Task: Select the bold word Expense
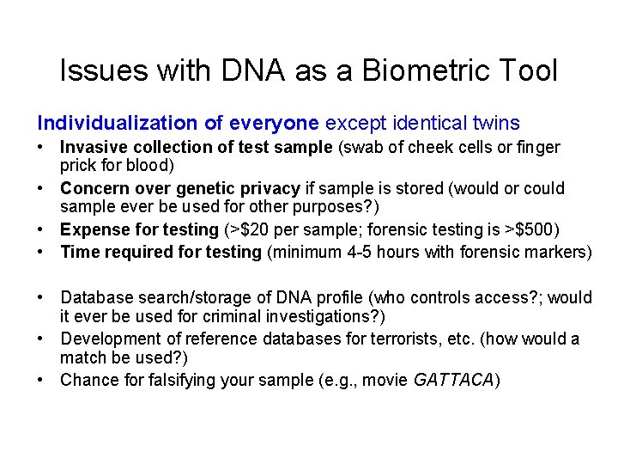pos(92,229)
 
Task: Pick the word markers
pos(557,252)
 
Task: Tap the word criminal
pos(215,315)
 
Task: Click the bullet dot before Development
pos(42,339)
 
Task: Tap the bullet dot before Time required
pos(42,252)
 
